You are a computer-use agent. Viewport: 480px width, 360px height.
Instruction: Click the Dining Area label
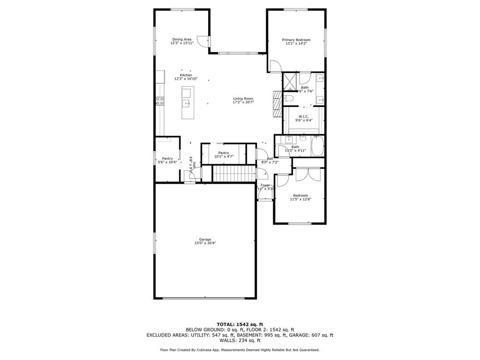(181, 39)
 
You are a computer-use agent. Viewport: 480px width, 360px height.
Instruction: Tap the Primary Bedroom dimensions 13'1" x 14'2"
(296, 44)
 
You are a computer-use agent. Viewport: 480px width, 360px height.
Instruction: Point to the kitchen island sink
(187, 103)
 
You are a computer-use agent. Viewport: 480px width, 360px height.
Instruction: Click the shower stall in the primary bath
(290, 81)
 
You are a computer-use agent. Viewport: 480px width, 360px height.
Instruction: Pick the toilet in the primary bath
(288, 98)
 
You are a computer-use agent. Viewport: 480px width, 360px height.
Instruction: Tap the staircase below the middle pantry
(232, 173)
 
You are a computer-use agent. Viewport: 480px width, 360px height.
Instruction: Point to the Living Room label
(243, 98)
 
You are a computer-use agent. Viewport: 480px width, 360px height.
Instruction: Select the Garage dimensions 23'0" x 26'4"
(205, 243)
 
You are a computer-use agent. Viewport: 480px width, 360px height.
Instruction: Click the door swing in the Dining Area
(202, 41)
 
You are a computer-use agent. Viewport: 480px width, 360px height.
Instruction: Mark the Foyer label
(265, 185)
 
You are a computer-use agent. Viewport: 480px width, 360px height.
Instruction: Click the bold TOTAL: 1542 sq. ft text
(240, 324)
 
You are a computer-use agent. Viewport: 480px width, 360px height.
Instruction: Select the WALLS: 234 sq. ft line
(240, 340)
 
